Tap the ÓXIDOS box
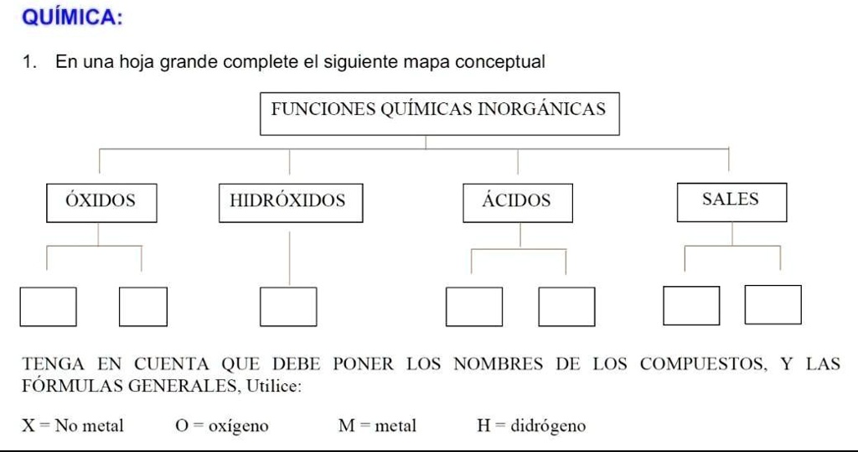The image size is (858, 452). click(101, 202)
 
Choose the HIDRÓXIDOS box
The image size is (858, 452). click(290, 202)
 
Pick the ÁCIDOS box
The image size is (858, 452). click(517, 202)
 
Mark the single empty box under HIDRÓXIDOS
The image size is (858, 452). click(288, 306)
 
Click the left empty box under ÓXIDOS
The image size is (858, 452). click(49, 306)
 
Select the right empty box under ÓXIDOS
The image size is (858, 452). click(142, 306)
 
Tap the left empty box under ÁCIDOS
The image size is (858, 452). click(474, 306)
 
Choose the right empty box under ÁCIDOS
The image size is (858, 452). click(566, 306)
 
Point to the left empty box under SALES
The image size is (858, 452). click(691, 305)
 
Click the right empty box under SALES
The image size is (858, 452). click(773, 304)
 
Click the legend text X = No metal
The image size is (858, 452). click(73, 426)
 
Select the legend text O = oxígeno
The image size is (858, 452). click(222, 426)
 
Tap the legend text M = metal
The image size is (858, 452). click(376, 426)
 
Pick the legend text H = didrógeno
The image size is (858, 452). click(531, 426)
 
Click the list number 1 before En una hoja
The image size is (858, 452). click(28, 62)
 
